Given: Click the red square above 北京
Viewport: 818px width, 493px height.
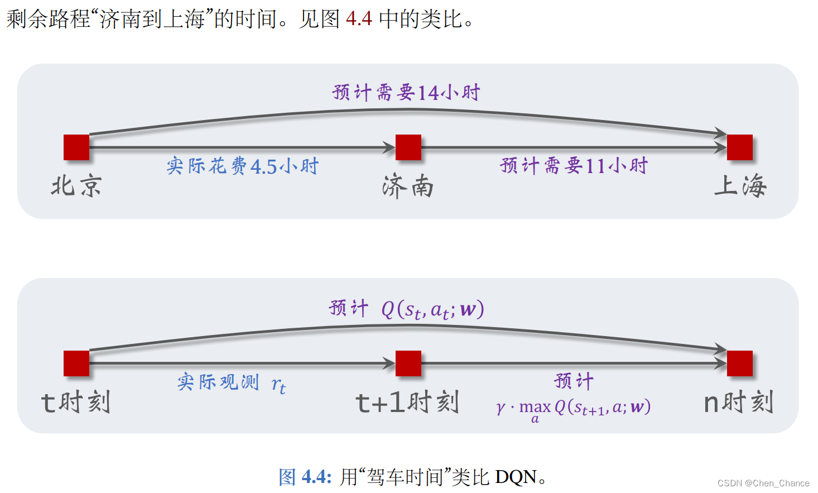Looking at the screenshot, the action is tap(76, 147).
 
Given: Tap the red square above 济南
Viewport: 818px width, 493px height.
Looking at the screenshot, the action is tap(408, 147).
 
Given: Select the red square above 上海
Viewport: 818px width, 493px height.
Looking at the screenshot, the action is tap(740, 147).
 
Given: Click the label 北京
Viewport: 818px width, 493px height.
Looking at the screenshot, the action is tap(76, 186).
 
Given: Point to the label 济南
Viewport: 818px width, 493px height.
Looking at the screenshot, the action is tap(408, 186).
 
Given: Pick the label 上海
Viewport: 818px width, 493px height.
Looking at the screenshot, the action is tap(740, 185).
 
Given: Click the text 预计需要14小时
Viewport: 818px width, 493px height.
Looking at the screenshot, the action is tap(406, 92).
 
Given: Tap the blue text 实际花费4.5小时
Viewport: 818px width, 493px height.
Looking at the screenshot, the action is tap(242, 166).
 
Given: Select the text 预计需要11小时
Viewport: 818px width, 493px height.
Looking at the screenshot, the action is tap(574, 165).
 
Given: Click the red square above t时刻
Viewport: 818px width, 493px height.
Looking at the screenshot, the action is tap(76, 363).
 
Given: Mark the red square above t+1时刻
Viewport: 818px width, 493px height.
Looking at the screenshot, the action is tap(408, 363).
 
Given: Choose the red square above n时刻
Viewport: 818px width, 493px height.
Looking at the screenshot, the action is tap(740, 363).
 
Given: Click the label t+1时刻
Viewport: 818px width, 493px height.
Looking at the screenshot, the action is tap(407, 402).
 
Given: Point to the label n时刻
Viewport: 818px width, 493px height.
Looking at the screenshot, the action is tap(738, 402).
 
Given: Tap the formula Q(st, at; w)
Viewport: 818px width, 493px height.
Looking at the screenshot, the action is tap(432, 309).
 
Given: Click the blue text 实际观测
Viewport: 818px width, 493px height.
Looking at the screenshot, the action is tap(218, 382).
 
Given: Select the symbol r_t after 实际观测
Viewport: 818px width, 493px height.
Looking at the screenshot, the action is tap(278, 385).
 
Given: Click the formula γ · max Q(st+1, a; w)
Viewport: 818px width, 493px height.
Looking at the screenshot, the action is tap(574, 408).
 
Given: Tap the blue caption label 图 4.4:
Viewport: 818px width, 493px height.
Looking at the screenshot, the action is tap(305, 477).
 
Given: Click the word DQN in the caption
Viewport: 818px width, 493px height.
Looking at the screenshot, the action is tap(516, 477).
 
